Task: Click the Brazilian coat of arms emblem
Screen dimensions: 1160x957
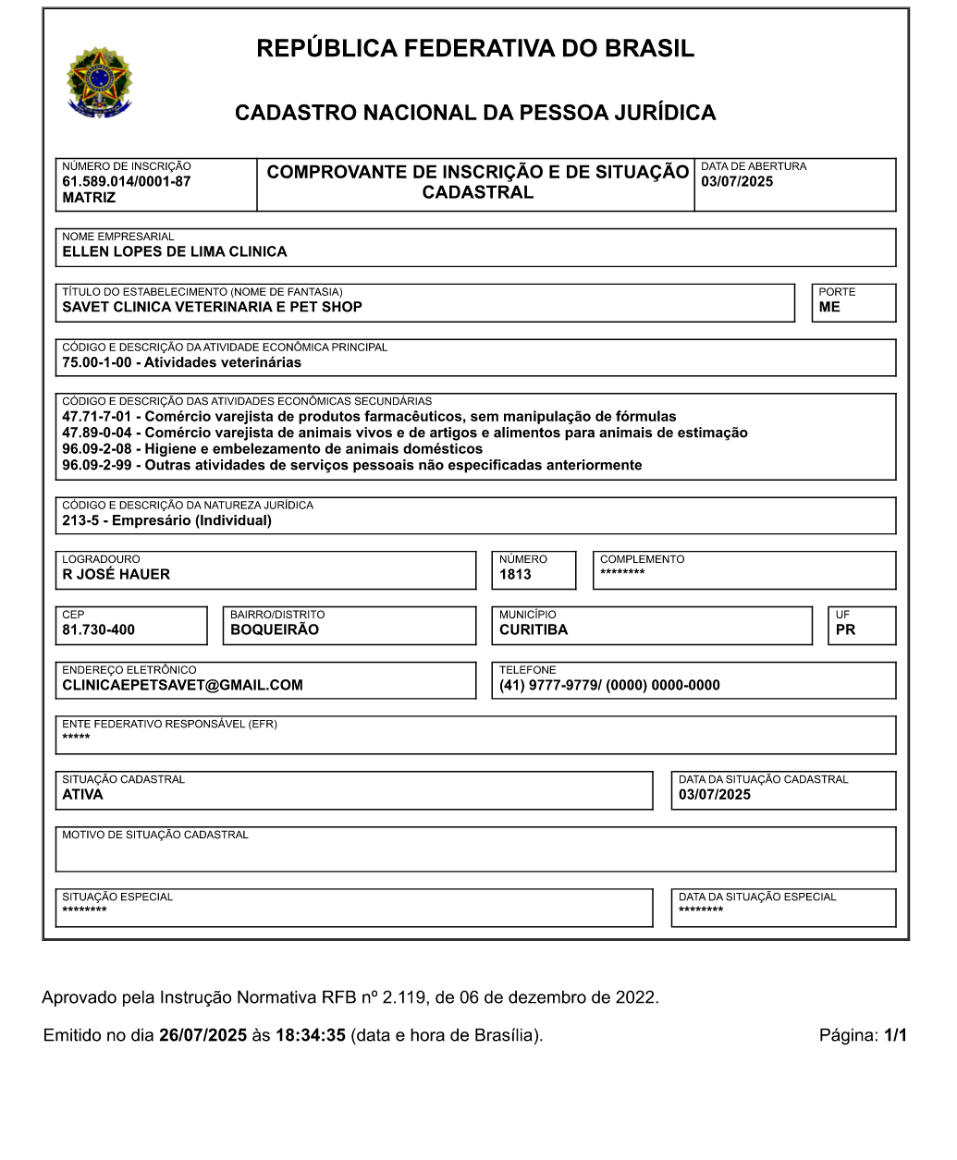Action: tap(99, 82)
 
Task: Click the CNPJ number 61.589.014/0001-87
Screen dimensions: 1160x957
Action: tap(126, 181)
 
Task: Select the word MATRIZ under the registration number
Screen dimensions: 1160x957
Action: tap(89, 198)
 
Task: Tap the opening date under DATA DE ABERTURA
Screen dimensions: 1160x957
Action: tap(737, 181)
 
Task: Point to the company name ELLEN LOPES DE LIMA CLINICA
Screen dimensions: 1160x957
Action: tap(174, 251)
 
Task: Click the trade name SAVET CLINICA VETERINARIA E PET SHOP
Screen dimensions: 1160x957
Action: tap(212, 307)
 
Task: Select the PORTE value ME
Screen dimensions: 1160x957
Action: tap(829, 307)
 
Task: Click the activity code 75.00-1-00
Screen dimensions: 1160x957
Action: tap(97, 362)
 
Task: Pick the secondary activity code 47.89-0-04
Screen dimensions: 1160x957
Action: tap(97, 433)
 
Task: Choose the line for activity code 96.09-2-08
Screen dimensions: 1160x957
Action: tap(272, 449)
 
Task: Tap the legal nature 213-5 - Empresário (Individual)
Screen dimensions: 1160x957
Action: tap(166, 520)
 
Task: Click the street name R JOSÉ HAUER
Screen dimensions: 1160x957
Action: tap(116, 574)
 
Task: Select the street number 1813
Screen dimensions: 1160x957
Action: tap(515, 574)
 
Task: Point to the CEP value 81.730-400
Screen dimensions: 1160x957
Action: tap(98, 629)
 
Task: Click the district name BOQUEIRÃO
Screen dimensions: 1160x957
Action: tap(274, 629)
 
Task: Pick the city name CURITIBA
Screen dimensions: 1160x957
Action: tap(534, 629)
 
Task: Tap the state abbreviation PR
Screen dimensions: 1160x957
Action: tap(845, 629)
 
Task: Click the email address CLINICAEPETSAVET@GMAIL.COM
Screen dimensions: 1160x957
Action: tap(182, 685)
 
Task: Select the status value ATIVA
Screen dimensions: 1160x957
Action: tap(82, 795)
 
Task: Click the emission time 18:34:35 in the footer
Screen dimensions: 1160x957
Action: tap(310, 1035)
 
